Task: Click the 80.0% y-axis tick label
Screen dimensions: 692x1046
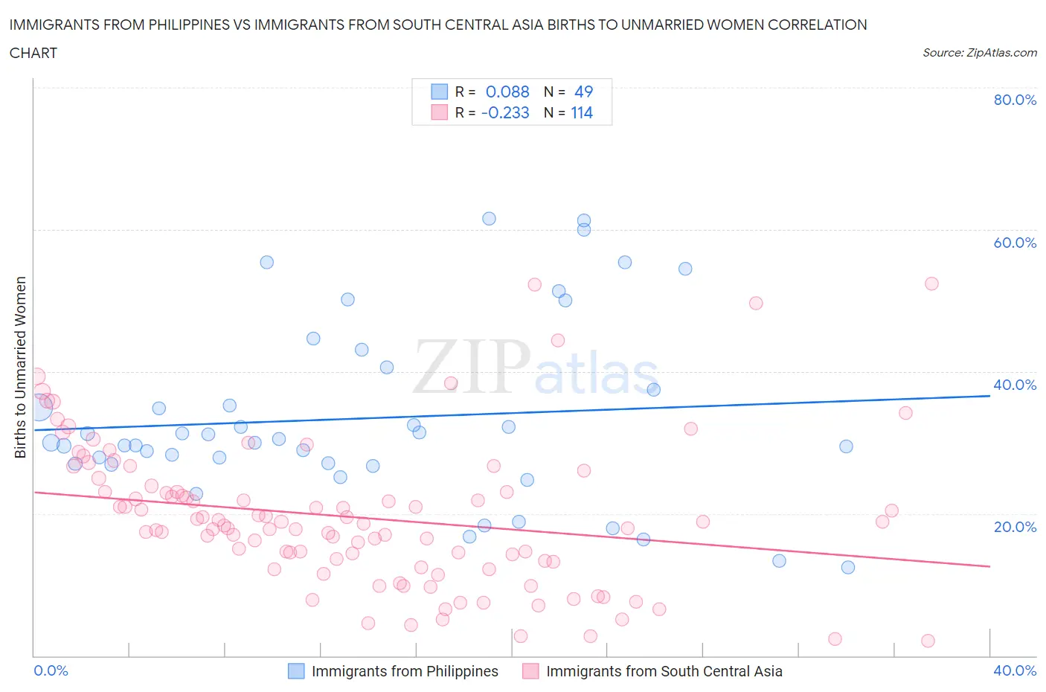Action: coord(1015,100)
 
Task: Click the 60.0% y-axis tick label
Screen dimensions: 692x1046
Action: coord(1015,243)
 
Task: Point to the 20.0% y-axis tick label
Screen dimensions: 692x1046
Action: coord(1015,527)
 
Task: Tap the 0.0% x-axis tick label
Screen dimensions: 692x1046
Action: coord(51,670)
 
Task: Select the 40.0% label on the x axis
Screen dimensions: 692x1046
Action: coord(1015,670)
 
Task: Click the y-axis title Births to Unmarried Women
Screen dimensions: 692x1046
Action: coord(21,368)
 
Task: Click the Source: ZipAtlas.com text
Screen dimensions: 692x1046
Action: coord(979,53)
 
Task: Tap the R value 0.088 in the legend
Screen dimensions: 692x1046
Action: coord(507,92)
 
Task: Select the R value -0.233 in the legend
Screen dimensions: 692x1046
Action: coord(505,112)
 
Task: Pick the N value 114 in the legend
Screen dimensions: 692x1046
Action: coord(582,112)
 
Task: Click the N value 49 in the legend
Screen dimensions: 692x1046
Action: coord(584,92)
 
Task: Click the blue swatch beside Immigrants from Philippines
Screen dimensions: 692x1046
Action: coord(296,671)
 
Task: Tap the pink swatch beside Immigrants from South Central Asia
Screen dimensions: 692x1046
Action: coord(530,671)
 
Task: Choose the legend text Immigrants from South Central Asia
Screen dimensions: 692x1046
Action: coord(664,671)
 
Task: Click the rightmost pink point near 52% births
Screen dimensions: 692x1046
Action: coord(931,283)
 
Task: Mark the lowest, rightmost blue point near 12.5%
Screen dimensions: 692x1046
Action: coord(848,567)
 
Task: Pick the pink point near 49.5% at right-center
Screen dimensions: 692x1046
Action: coord(756,303)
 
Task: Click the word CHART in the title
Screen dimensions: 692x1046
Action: coord(33,53)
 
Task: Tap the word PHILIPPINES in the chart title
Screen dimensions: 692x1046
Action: coord(182,25)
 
